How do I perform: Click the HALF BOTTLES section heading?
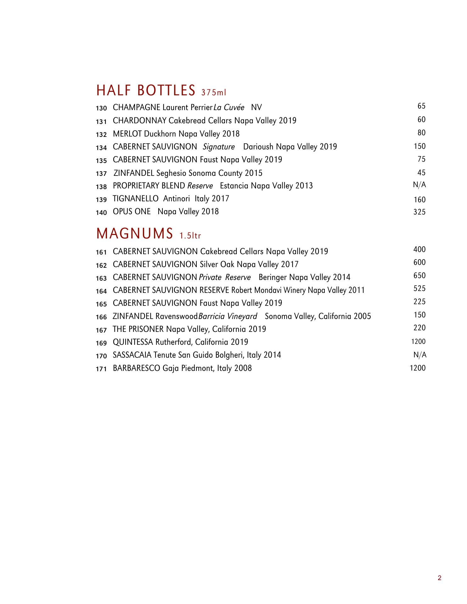click(x=146, y=90)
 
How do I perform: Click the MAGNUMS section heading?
click(x=135, y=233)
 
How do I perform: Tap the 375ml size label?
click(x=213, y=92)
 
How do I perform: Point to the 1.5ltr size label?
click(x=190, y=236)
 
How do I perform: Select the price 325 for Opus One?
click(x=419, y=212)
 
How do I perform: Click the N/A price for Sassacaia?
click(x=420, y=355)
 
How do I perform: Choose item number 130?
click(x=101, y=109)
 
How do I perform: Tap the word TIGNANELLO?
click(x=136, y=199)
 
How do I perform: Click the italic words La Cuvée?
click(x=229, y=108)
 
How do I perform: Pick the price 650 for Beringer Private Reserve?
click(x=419, y=276)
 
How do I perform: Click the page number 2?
click(x=440, y=578)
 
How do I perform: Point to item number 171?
click(x=101, y=369)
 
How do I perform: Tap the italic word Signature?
click(x=219, y=147)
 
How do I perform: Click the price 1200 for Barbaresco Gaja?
click(x=418, y=368)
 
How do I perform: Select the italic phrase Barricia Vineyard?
click(x=228, y=316)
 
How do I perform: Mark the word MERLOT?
click(x=127, y=134)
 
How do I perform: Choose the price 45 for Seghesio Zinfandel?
click(x=421, y=173)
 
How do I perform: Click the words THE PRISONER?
click(x=138, y=329)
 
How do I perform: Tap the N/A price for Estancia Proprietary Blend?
click(x=419, y=185)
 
